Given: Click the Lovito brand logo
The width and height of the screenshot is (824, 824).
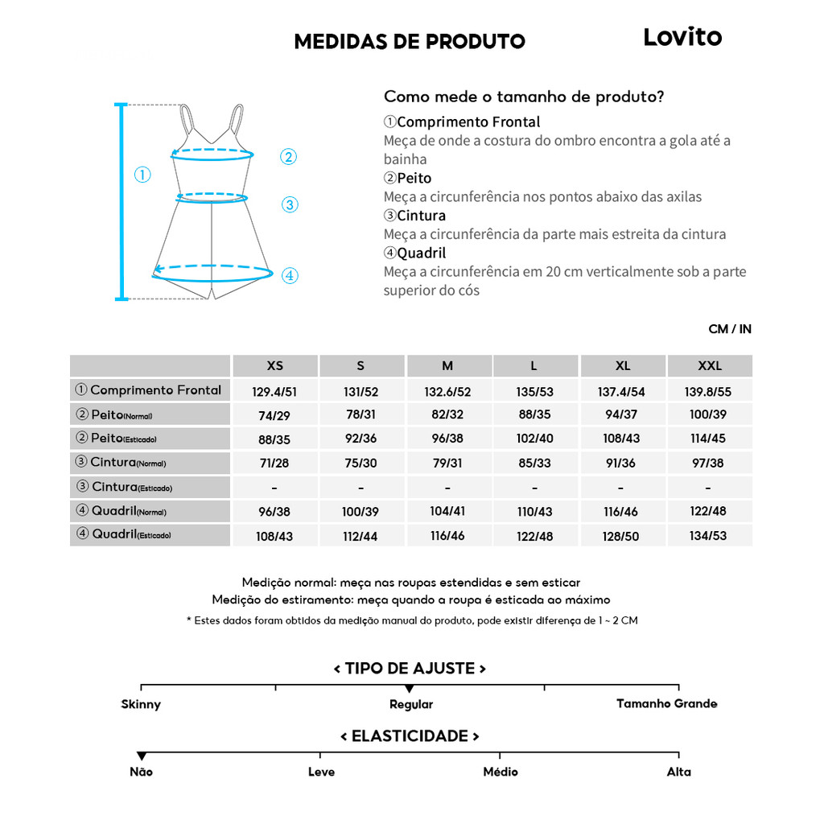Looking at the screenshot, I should click(682, 38).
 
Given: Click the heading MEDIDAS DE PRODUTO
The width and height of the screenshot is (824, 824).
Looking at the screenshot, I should click(410, 42).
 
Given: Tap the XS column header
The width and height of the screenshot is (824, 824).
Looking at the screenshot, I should click(275, 366).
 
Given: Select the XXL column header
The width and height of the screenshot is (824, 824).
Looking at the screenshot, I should click(710, 366).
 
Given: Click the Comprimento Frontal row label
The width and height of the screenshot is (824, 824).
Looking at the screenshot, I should click(150, 390).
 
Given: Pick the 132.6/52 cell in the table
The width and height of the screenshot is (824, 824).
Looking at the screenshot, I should click(447, 391).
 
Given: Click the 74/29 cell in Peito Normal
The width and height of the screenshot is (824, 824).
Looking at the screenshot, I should click(275, 415).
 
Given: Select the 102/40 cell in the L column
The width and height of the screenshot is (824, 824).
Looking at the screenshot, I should click(534, 439).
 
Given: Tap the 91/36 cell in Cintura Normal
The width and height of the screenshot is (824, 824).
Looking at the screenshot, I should click(623, 463).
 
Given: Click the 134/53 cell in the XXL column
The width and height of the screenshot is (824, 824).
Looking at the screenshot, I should click(710, 536).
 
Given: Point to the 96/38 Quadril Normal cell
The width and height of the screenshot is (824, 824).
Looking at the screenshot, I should click(275, 512).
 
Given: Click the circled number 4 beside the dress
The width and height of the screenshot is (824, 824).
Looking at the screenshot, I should click(290, 276).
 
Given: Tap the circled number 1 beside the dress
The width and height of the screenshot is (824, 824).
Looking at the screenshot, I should click(142, 175).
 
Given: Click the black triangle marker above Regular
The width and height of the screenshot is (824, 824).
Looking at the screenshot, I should click(410, 689).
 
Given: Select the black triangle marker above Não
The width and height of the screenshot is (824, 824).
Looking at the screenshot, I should click(142, 756).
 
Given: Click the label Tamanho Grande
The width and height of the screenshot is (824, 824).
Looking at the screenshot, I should click(666, 704).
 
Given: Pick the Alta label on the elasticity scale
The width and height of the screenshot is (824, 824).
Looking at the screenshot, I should click(678, 772).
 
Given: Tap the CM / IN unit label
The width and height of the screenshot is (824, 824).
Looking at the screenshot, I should click(730, 329).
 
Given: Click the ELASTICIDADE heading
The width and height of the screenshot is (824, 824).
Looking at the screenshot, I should click(410, 736).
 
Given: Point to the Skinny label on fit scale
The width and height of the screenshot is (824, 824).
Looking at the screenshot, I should click(141, 705).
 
